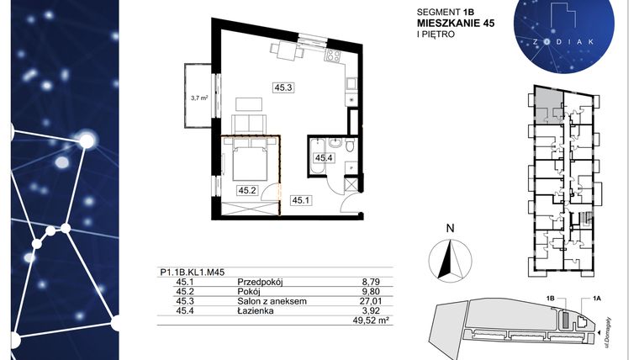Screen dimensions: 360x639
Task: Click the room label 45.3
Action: pyautogui.click(x=283, y=87)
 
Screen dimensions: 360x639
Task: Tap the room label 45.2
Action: pyautogui.click(x=247, y=190)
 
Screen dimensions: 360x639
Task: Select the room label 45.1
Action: pyautogui.click(x=300, y=199)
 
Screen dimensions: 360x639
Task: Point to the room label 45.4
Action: pyautogui.click(x=324, y=157)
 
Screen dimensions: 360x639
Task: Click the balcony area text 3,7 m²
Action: pyautogui.click(x=199, y=98)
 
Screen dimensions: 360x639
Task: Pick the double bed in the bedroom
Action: pyautogui.click(x=249, y=160)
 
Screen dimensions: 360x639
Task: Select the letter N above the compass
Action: pyautogui.click(x=450, y=227)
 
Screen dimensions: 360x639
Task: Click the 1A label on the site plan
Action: pyautogui.click(x=598, y=298)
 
